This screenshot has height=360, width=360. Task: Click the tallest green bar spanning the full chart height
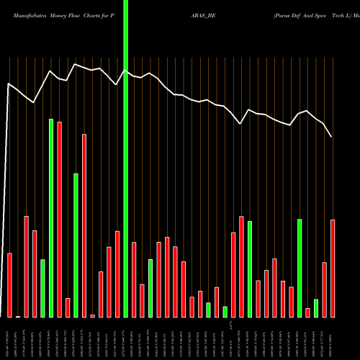(126, 158)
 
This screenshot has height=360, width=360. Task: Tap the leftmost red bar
(9, 285)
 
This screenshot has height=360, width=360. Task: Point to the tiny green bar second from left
(18, 316)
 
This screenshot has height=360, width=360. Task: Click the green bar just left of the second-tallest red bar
(76, 245)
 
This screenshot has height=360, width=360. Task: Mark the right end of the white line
(331, 137)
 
